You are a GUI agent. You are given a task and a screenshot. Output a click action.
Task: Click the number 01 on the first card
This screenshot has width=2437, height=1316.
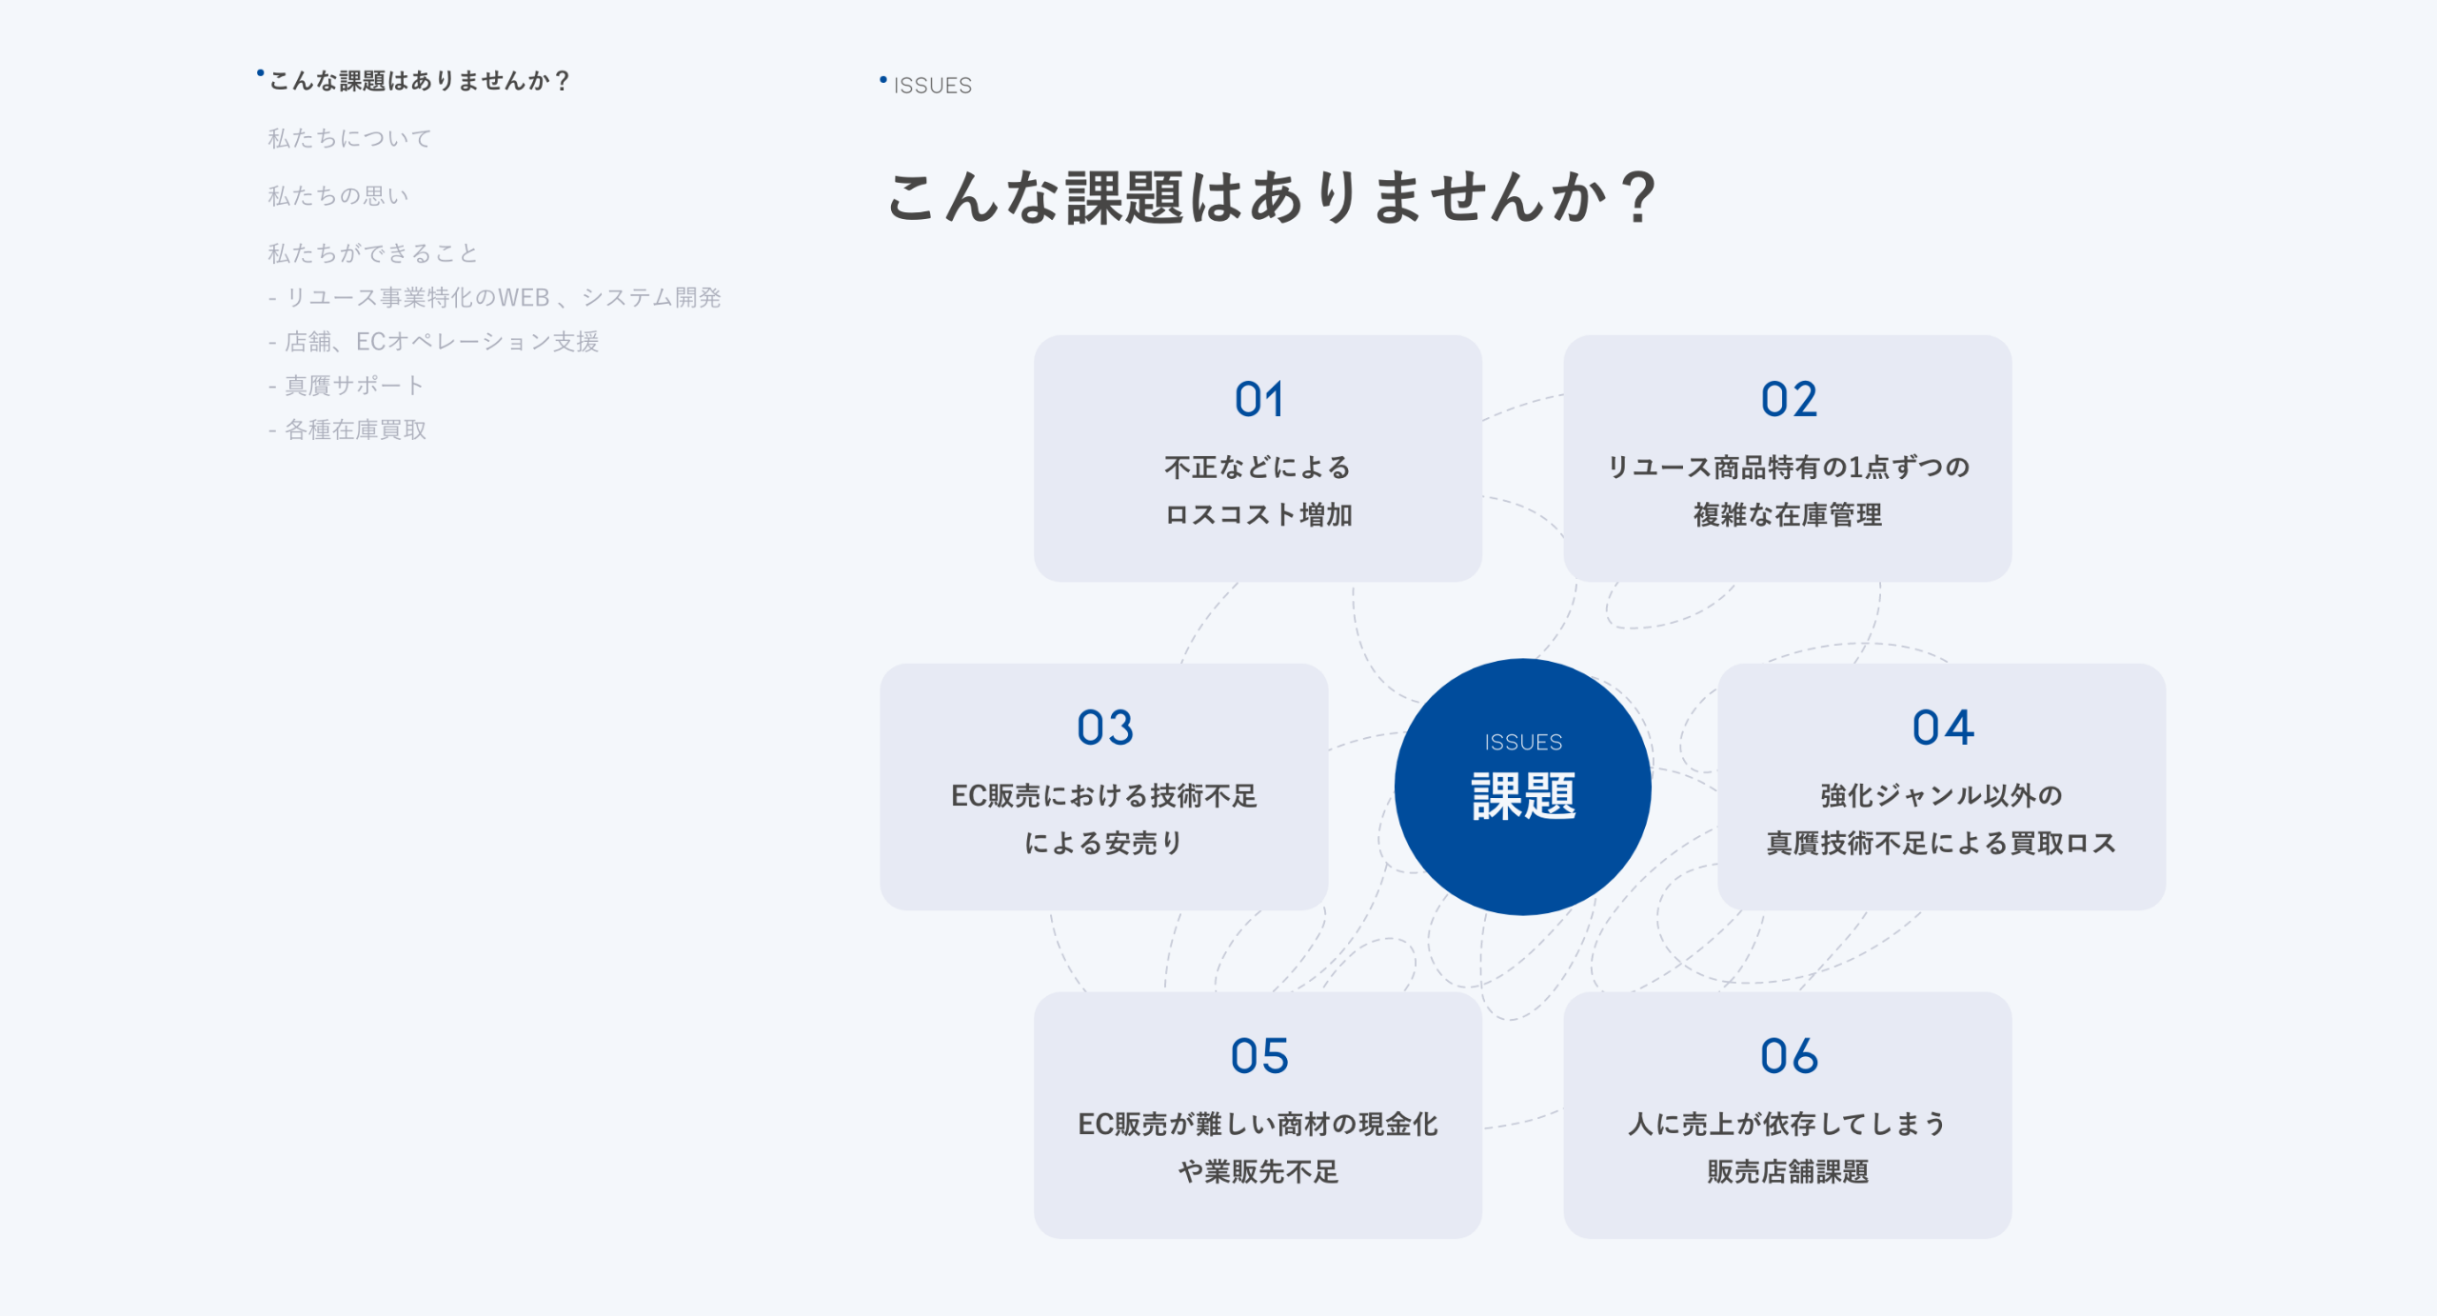click(x=1258, y=399)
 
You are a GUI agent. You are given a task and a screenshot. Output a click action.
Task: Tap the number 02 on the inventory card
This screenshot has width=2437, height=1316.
click(x=1789, y=399)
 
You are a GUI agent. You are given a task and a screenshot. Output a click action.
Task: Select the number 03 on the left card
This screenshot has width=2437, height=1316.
click(x=1104, y=728)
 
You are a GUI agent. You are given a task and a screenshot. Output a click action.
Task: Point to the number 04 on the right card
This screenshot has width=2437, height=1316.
click(x=1943, y=728)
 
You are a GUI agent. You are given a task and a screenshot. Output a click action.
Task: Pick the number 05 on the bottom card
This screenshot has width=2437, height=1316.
click(x=1258, y=1056)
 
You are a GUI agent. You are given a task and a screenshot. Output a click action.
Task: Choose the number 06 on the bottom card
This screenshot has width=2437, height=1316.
click(x=1789, y=1056)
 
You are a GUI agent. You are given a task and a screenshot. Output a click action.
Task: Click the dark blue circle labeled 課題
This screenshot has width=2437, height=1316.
click(x=1522, y=787)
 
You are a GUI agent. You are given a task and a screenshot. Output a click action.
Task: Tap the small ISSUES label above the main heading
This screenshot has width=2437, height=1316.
click(x=932, y=86)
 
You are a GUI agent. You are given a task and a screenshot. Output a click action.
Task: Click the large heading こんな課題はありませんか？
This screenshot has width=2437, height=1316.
click(x=1272, y=197)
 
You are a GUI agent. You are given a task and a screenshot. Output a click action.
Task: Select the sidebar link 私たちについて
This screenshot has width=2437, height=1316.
click(x=349, y=138)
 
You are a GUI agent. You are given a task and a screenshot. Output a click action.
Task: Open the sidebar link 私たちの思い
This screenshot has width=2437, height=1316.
click(x=338, y=195)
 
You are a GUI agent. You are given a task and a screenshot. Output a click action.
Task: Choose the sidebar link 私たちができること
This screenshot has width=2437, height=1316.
click(x=372, y=253)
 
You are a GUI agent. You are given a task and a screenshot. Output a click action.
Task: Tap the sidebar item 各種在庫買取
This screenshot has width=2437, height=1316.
click(x=355, y=429)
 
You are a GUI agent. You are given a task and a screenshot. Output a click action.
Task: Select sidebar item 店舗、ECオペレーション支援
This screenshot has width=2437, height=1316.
click(x=442, y=342)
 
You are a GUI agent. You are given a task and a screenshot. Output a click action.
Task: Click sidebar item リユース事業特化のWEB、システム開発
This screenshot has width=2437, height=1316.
click(x=503, y=298)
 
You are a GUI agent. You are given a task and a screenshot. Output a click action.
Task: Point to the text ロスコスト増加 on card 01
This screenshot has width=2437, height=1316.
click(x=1258, y=515)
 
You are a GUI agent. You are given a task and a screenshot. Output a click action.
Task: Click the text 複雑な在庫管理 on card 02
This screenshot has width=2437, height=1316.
click(x=1788, y=515)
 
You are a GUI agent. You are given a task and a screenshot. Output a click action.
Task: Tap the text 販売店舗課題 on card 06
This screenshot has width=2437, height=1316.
click(x=1788, y=1171)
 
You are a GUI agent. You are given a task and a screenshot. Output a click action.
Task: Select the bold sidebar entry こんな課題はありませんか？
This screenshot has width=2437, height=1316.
click(x=419, y=81)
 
